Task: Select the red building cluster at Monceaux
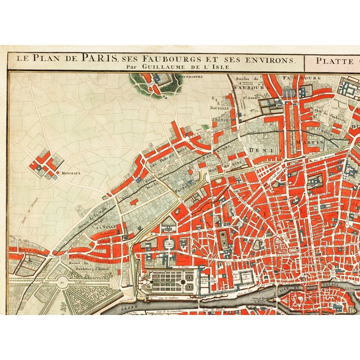tap(44, 163)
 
